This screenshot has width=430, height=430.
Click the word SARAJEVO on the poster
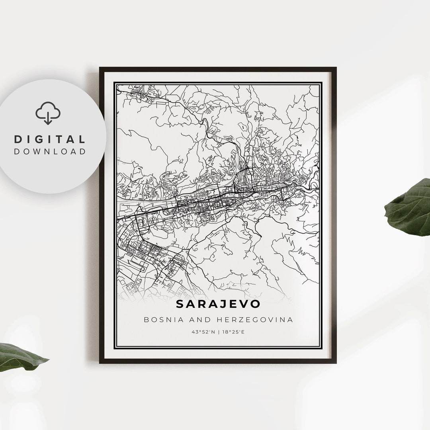[218, 304]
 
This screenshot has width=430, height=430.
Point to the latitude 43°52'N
[203, 331]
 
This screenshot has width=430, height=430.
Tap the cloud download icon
[48, 113]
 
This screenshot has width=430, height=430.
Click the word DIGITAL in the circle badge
[50, 139]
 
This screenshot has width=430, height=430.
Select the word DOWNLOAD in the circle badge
[50, 151]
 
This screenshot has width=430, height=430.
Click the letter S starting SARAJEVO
[180, 304]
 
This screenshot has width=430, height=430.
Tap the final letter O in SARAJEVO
[255, 304]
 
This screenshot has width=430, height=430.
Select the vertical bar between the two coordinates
[218, 331]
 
